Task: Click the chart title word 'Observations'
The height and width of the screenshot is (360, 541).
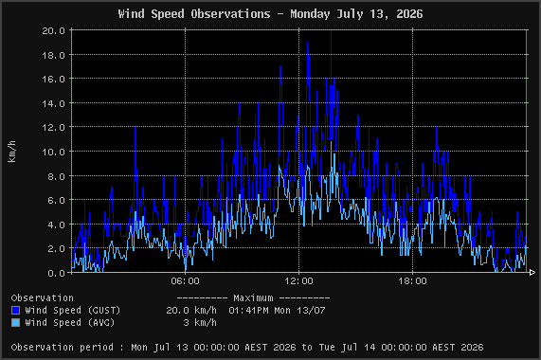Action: pos(230,14)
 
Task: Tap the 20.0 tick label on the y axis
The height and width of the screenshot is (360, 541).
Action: pos(53,30)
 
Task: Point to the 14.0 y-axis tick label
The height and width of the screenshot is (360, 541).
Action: pos(53,103)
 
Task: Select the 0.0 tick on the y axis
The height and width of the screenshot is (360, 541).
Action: pos(57,273)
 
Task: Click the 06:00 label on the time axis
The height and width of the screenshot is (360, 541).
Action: pos(186,281)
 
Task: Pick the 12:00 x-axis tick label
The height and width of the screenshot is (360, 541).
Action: pos(298,281)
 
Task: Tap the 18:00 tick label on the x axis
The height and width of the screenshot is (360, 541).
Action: pos(413,281)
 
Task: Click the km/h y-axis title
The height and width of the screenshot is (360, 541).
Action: pos(11,152)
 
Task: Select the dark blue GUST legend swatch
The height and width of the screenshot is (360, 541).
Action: pos(15,310)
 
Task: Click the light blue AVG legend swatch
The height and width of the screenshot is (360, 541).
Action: pos(15,322)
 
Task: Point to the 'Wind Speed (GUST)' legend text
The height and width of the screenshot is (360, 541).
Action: pos(72,311)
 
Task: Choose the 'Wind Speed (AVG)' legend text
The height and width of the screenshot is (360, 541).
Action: pos(70,323)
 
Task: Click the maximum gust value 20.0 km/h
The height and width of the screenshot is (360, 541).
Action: pos(191,311)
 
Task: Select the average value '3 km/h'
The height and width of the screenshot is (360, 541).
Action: pos(200,323)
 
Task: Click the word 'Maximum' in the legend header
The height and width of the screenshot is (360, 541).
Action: pos(253,297)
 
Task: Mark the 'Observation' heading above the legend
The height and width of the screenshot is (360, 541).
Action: pos(42,297)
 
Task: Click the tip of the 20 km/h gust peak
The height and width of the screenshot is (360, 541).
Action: pos(332,30)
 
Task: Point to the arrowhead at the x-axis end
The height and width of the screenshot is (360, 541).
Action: pos(532,273)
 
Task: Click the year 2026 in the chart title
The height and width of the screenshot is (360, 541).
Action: pos(409,14)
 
